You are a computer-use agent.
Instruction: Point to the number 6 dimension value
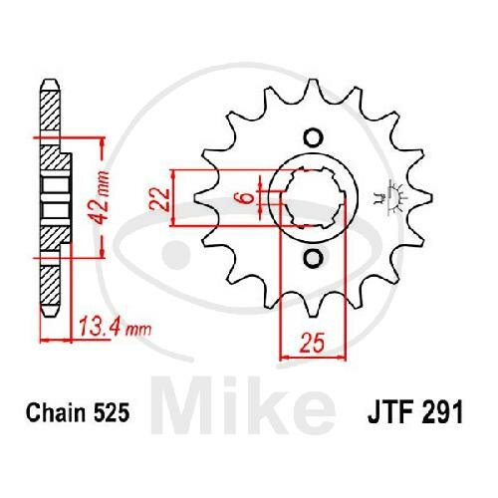pos(241,198)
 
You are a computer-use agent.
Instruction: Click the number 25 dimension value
pos(310,346)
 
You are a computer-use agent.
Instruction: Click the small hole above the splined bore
pos(310,137)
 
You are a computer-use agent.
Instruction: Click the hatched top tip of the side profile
pos(50,110)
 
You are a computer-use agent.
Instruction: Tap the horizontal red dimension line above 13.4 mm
pos(59,340)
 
